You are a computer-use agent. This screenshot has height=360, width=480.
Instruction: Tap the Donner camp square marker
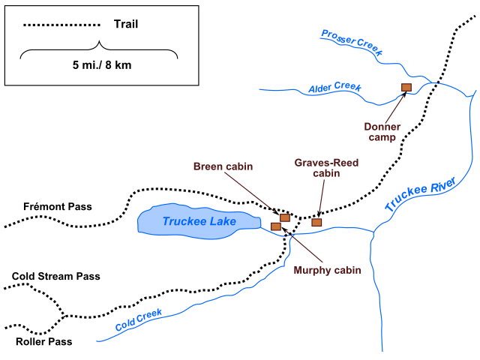tap(406, 87)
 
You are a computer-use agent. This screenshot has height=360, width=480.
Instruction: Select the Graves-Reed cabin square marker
tap(316, 222)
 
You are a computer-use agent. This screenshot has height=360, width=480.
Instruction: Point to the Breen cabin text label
tap(222, 166)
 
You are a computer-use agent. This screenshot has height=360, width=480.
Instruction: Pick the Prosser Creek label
tap(352, 43)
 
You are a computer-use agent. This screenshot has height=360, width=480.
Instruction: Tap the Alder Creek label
tap(334, 88)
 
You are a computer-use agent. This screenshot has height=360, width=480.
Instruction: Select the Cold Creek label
tap(139, 322)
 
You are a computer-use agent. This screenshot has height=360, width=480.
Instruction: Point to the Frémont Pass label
tap(46, 205)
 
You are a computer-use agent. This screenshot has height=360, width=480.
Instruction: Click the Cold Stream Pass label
tap(55, 276)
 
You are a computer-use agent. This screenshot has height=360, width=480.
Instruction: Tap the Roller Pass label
tap(44, 342)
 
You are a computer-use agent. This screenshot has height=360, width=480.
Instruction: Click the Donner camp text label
tap(382, 133)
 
